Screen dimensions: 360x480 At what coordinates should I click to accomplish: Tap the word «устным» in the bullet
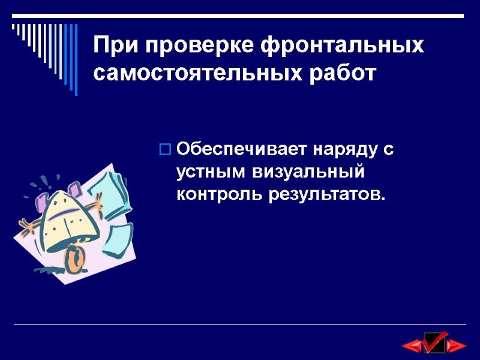(210, 172)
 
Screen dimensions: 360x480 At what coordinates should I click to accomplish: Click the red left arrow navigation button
(412, 346)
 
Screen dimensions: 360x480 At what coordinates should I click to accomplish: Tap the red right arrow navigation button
(457, 346)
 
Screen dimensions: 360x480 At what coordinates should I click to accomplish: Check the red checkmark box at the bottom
(434, 342)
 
